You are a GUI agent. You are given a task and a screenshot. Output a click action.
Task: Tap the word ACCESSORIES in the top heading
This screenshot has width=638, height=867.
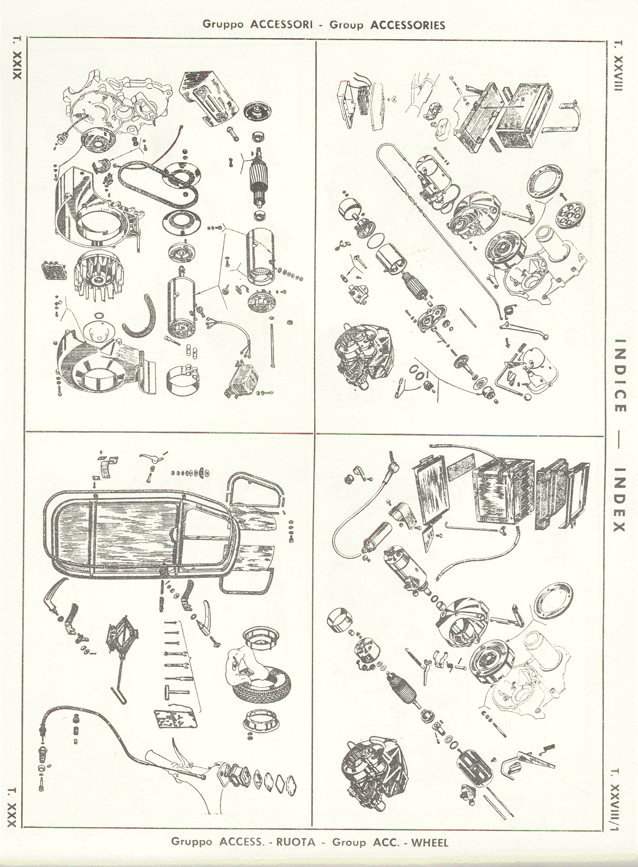point(408,25)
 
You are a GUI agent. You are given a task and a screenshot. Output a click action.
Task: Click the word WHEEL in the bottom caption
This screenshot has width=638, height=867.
point(430,841)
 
